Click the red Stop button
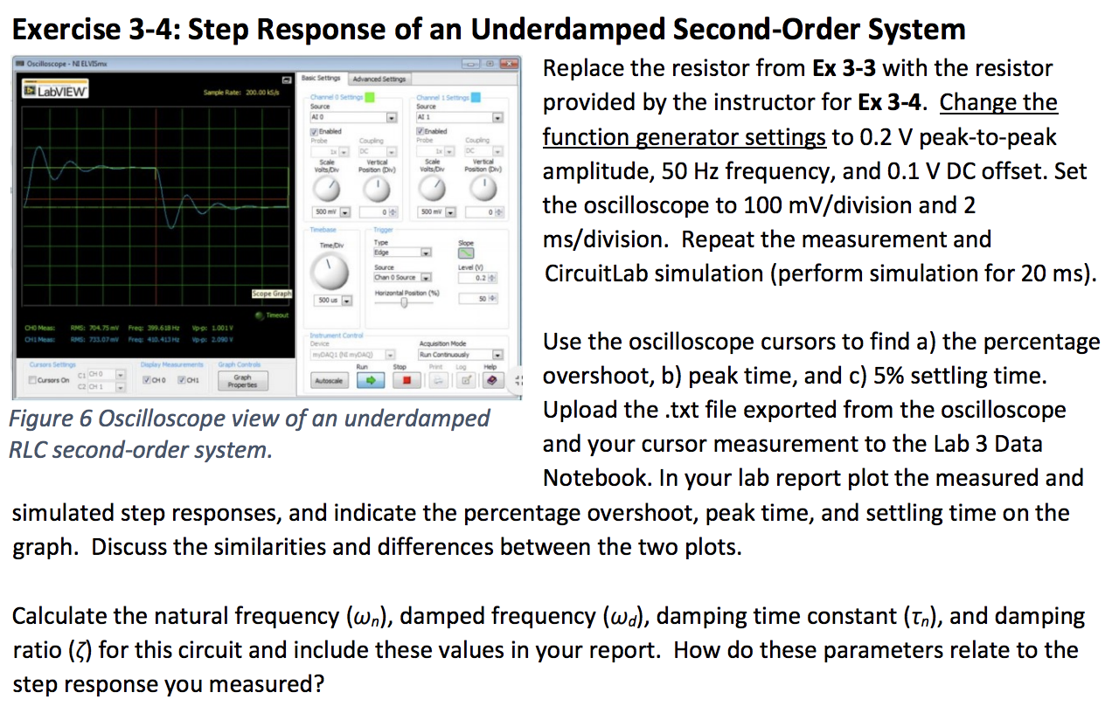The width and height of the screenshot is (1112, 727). pyautogui.click(x=404, y=381)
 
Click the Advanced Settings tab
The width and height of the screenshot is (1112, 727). pyautogui.click(x=379, y=79)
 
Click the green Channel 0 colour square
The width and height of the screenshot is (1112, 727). pyautogui.click(x=370, y=97)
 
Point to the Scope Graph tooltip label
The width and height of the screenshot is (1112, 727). pyautogui.click(x=272, y=294)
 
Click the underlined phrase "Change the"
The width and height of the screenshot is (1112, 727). pyautogui.click(x=998, y=103)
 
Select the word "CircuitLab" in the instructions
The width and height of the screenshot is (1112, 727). pyautogui.click(x=596, y=273)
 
